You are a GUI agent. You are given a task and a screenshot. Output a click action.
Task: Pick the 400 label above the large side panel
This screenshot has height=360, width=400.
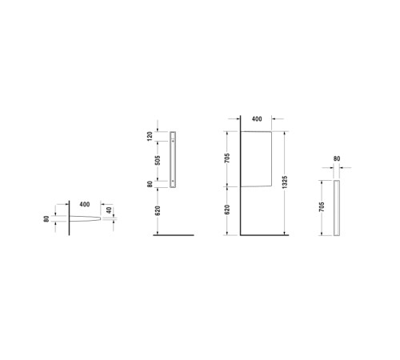tap(256, 118)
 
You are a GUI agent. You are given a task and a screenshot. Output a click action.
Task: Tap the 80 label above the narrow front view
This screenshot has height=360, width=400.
tap(337, 159)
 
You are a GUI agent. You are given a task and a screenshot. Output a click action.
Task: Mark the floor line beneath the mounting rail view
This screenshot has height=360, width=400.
tap(174, 235)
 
